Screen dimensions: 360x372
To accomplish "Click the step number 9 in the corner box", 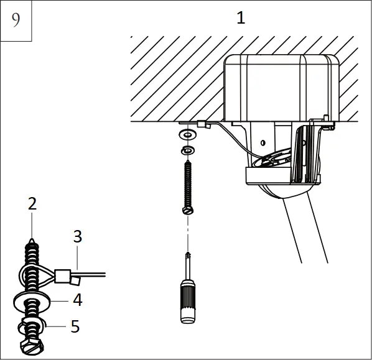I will [x=16, y=20].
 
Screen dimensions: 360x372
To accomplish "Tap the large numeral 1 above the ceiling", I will [x=241, y=17].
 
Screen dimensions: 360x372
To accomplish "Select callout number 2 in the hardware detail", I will [x=32, y=203].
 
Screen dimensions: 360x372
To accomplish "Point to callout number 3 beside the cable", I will [x=77, y=236].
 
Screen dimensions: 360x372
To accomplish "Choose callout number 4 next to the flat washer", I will [x=77, y=300].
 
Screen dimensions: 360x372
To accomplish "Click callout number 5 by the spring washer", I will [x=75, y=326].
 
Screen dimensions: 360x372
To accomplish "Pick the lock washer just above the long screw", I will [x=187, y=150].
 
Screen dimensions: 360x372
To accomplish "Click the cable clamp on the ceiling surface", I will [x=203, y=126].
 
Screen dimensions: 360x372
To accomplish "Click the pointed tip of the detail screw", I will [x=31, y=238].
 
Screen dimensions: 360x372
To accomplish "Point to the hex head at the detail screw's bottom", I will [x=32, y=346].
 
